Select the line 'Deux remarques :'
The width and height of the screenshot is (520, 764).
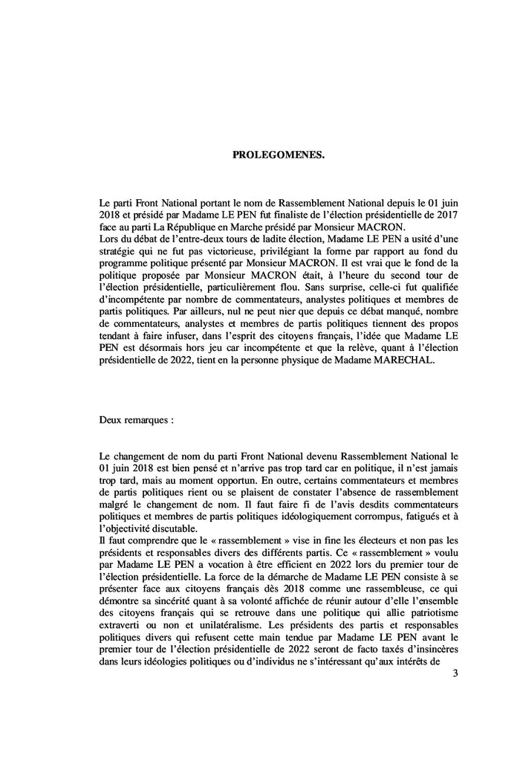click(x=137, y=418)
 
